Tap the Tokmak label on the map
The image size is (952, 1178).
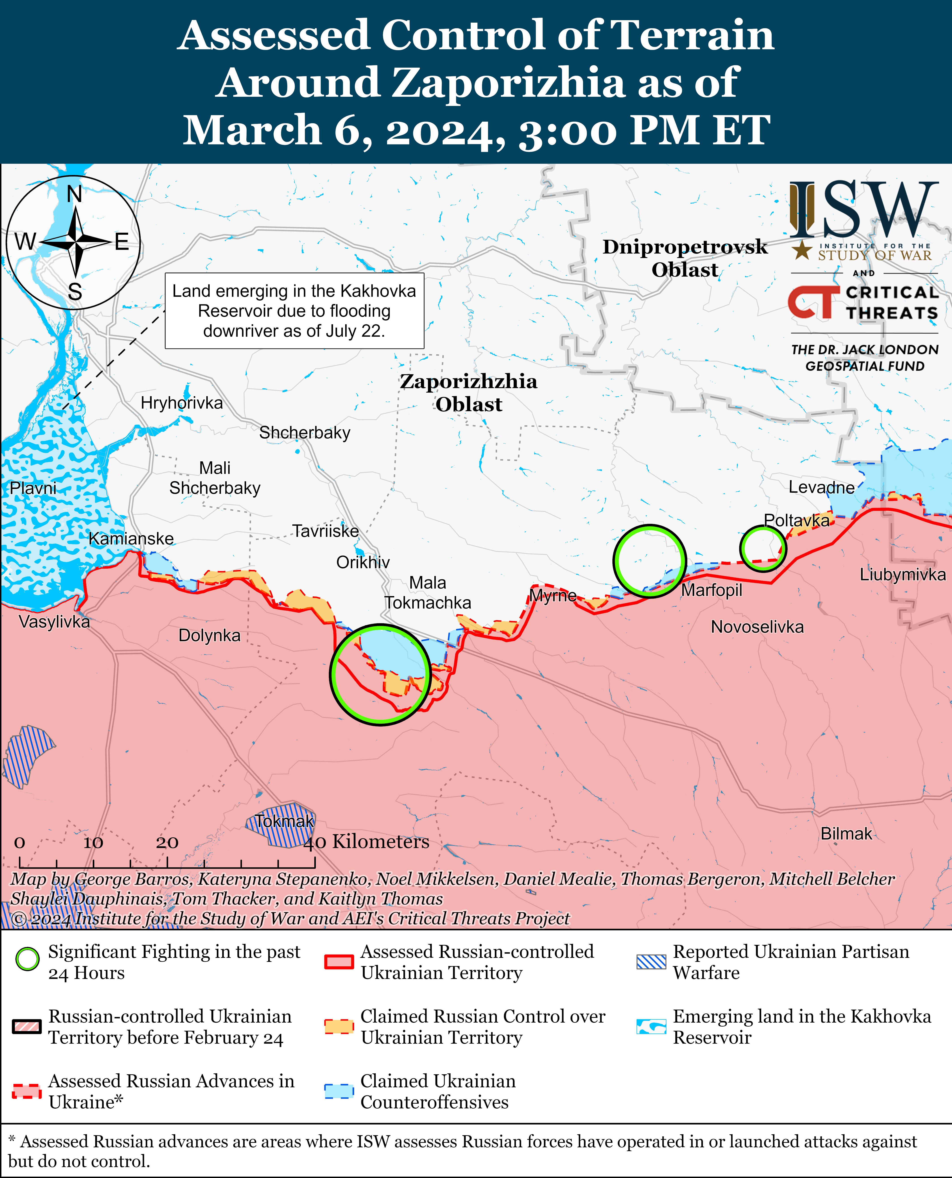pyautogui.click(x=284, y=821)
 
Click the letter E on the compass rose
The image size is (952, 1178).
pyautogui.click(x=122, y=242)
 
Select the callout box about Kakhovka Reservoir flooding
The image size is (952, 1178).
pyautogui.click(x=295, y=311)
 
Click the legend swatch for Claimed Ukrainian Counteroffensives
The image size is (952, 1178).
pyautogui.click(x=338, y=1091)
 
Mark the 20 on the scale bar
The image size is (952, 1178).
pyautogui.click(x=167, y=843)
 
